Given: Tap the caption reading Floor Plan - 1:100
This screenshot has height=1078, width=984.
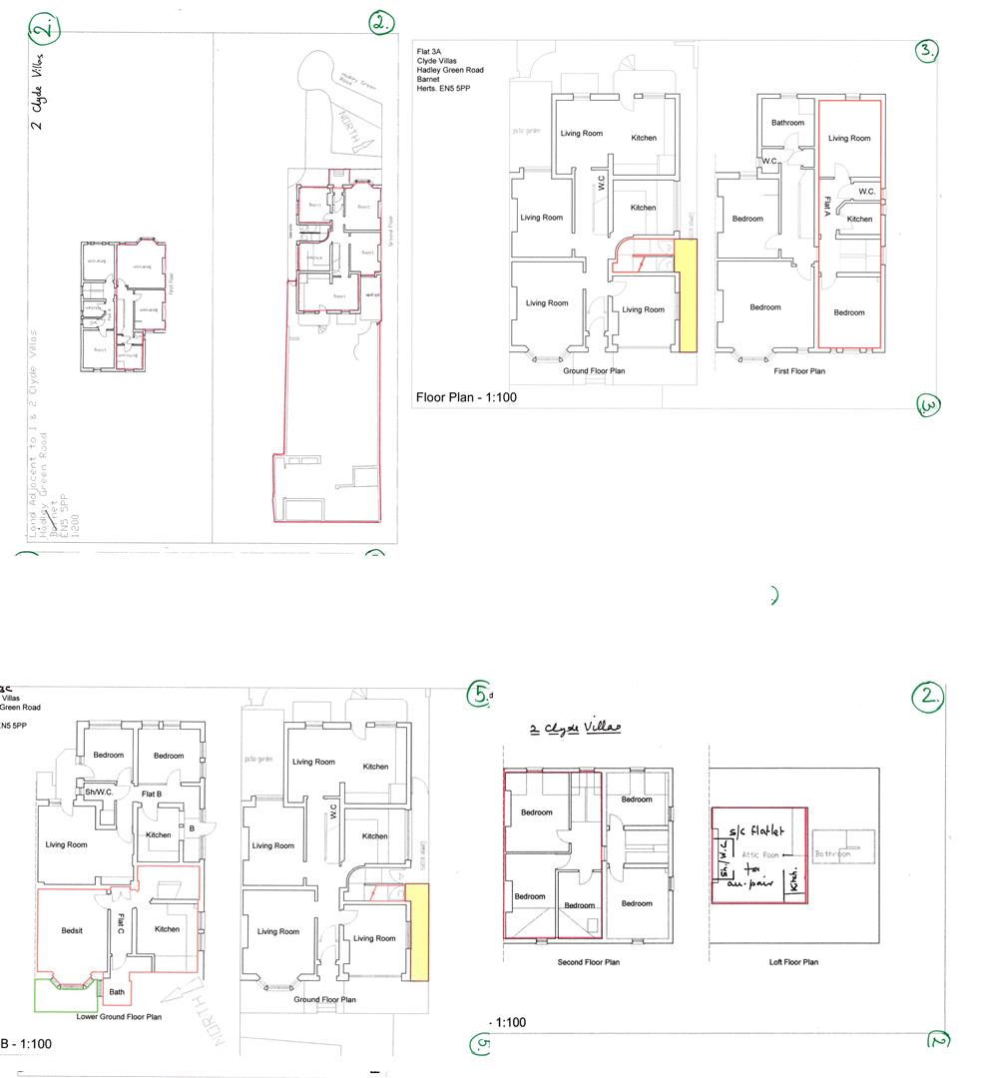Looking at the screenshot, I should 466,398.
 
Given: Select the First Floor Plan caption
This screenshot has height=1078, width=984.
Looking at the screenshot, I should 799,371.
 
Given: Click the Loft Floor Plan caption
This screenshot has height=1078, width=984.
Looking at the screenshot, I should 794,962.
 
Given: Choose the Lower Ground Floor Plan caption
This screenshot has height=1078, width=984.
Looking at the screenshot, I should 119,1017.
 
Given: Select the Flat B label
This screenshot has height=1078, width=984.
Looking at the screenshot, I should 153,794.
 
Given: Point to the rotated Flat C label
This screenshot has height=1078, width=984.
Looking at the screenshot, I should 120,923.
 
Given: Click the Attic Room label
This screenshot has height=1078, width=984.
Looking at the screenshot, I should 759,855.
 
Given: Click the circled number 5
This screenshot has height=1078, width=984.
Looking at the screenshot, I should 480,693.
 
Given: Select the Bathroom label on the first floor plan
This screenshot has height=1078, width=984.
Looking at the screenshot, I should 787,123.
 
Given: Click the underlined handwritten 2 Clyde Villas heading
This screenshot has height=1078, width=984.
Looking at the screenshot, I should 575,728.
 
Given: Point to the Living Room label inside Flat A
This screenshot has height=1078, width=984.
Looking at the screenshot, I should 849,139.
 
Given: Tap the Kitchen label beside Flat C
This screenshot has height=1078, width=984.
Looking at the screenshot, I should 167,929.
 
